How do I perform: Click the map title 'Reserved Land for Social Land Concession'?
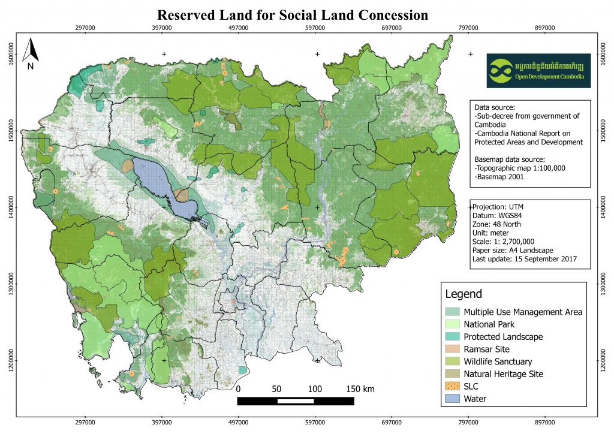point(292,15)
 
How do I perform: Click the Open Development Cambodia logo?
point(538,71)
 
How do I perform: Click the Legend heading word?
point(463,294)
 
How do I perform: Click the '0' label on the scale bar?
point(239,389)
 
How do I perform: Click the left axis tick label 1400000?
point(11,208)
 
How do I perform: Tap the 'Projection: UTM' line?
point(502,207)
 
